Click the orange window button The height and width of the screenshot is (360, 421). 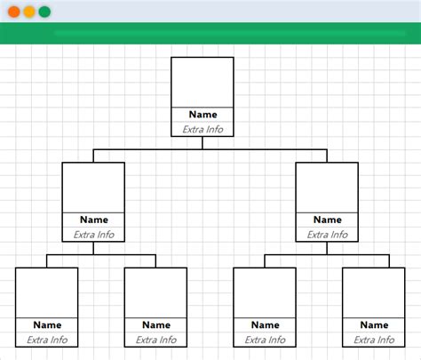click(14, 12)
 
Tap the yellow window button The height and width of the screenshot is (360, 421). click(29, 12)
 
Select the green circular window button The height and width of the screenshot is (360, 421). click(44, 12)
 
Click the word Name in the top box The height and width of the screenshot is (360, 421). click(203, 115)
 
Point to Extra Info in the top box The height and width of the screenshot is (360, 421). click(203, 130)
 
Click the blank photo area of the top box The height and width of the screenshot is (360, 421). click(203, 82)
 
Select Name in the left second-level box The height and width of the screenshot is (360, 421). click(93, 220)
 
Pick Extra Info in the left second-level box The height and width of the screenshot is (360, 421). click(93, 235)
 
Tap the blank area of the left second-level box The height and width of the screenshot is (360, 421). click(93, 188)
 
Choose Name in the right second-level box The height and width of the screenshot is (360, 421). click(327, 220)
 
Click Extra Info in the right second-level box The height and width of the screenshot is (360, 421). click(327, 235)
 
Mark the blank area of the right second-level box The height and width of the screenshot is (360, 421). click(327, 188)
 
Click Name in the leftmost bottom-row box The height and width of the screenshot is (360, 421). click(47, 324)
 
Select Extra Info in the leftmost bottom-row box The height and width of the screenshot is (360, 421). click(47, 340)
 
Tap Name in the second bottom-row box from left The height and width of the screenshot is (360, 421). click(155, 324)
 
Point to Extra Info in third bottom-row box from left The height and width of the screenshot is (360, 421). click(265, 340)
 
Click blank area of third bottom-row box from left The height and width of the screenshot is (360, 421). click(265, 292)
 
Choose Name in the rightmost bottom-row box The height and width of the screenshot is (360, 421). click(374, 324)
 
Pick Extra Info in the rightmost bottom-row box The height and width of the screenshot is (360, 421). click(374, 340)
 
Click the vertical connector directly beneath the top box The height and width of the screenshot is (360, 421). click(203, 143)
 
